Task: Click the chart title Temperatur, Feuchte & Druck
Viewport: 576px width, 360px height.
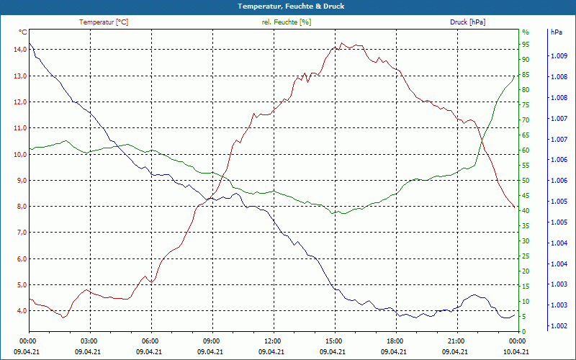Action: click(288, 6)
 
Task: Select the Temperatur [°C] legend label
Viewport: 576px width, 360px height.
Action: click(104, 22)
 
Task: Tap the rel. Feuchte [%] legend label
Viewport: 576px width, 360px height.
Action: click(287, 22)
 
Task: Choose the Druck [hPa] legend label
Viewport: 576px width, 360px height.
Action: click(467, 22)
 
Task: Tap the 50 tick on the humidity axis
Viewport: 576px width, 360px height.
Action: click(526, 181)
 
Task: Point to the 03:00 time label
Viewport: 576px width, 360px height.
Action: click(89, 341)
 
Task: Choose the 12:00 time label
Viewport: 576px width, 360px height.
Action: click(273, 341)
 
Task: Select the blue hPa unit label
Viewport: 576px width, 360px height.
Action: click(557, 32)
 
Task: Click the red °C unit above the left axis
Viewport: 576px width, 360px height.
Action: click(23, 32)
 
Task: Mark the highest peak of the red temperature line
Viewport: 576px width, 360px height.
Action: click(342, 43)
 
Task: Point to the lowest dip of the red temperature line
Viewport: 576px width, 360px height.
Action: click(64, 318)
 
